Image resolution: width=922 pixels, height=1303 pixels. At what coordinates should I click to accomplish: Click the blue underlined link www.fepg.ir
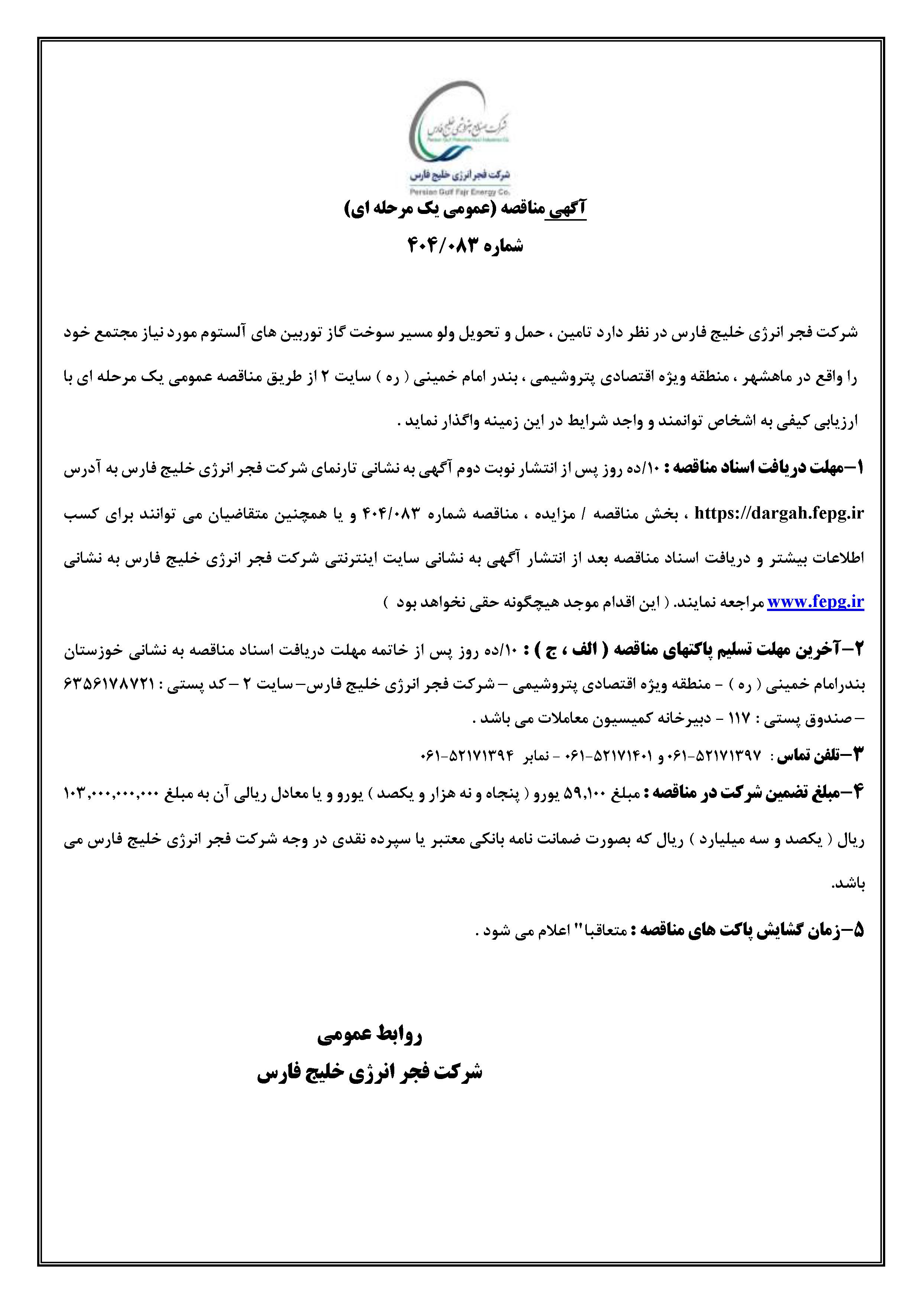pyautogui.click(x=815, y=603)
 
